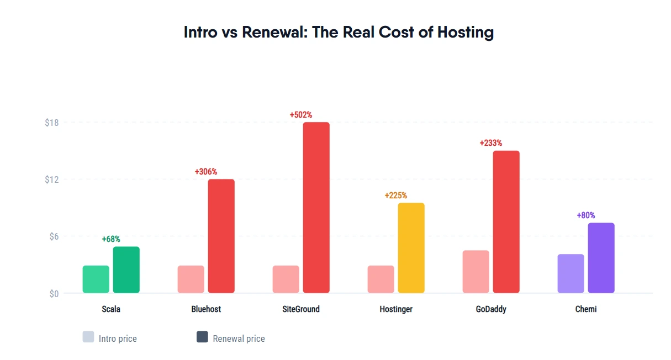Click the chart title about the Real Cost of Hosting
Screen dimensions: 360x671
click(339, 32)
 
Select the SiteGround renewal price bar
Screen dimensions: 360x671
click(316, 208)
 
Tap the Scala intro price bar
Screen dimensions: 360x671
click(96, 279)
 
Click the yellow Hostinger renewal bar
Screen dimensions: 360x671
click(411, 248)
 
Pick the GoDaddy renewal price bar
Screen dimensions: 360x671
click(506, 222)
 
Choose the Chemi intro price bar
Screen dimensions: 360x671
click(570, 274)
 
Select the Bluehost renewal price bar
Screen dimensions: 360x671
click(221, 236)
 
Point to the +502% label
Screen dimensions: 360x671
click(301, 115)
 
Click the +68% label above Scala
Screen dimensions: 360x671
click(111, 239)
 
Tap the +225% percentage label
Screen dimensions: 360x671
click(396, 195)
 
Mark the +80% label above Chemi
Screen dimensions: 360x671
click(586, 215)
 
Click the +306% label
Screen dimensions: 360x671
click(206, 172)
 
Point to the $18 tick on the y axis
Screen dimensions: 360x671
click(52, 123)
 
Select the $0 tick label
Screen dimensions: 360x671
click(53, 294)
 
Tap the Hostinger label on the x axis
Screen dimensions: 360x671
click(396, 309)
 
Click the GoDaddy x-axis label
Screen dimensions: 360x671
click(491, 309)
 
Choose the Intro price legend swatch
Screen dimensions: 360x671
click(88, 337)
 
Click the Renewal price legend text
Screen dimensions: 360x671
click(239, 338)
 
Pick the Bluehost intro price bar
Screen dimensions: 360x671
click(191, 279)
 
